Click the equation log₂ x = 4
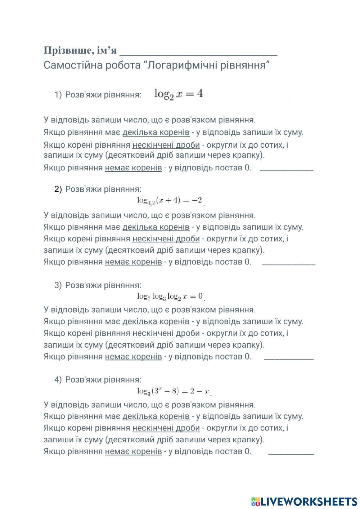[x=179, y=94]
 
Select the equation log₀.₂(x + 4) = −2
[x=170, y=201]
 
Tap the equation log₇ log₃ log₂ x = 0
[x=170, y=296]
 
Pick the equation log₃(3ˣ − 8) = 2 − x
[x=173, y=391]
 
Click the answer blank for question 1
[x=286, y=168]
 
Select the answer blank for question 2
[x=289, y=263]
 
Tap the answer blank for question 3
[x=289, y=357]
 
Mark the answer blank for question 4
[x=291, y=452]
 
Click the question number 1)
[x=58, y=95]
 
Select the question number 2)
[x=58, y=189]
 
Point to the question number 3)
[x=58, y=285]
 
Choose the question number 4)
[x=58, y=380]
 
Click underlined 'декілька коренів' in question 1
[x=156, y=132]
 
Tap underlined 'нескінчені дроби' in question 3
[x=166, y=333]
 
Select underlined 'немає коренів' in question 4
[x=133, y=451]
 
